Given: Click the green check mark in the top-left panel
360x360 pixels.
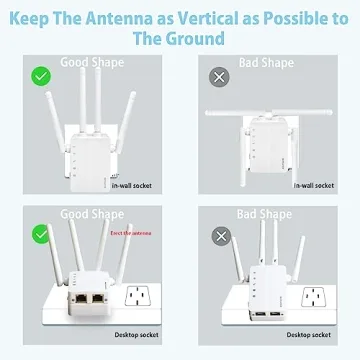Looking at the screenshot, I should click(41, 76).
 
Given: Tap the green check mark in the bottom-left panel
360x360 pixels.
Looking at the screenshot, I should click(41, 233).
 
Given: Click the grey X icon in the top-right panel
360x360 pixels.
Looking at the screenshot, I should click(217, 76).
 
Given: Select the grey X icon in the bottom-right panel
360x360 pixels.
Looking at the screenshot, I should click(217, 236).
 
